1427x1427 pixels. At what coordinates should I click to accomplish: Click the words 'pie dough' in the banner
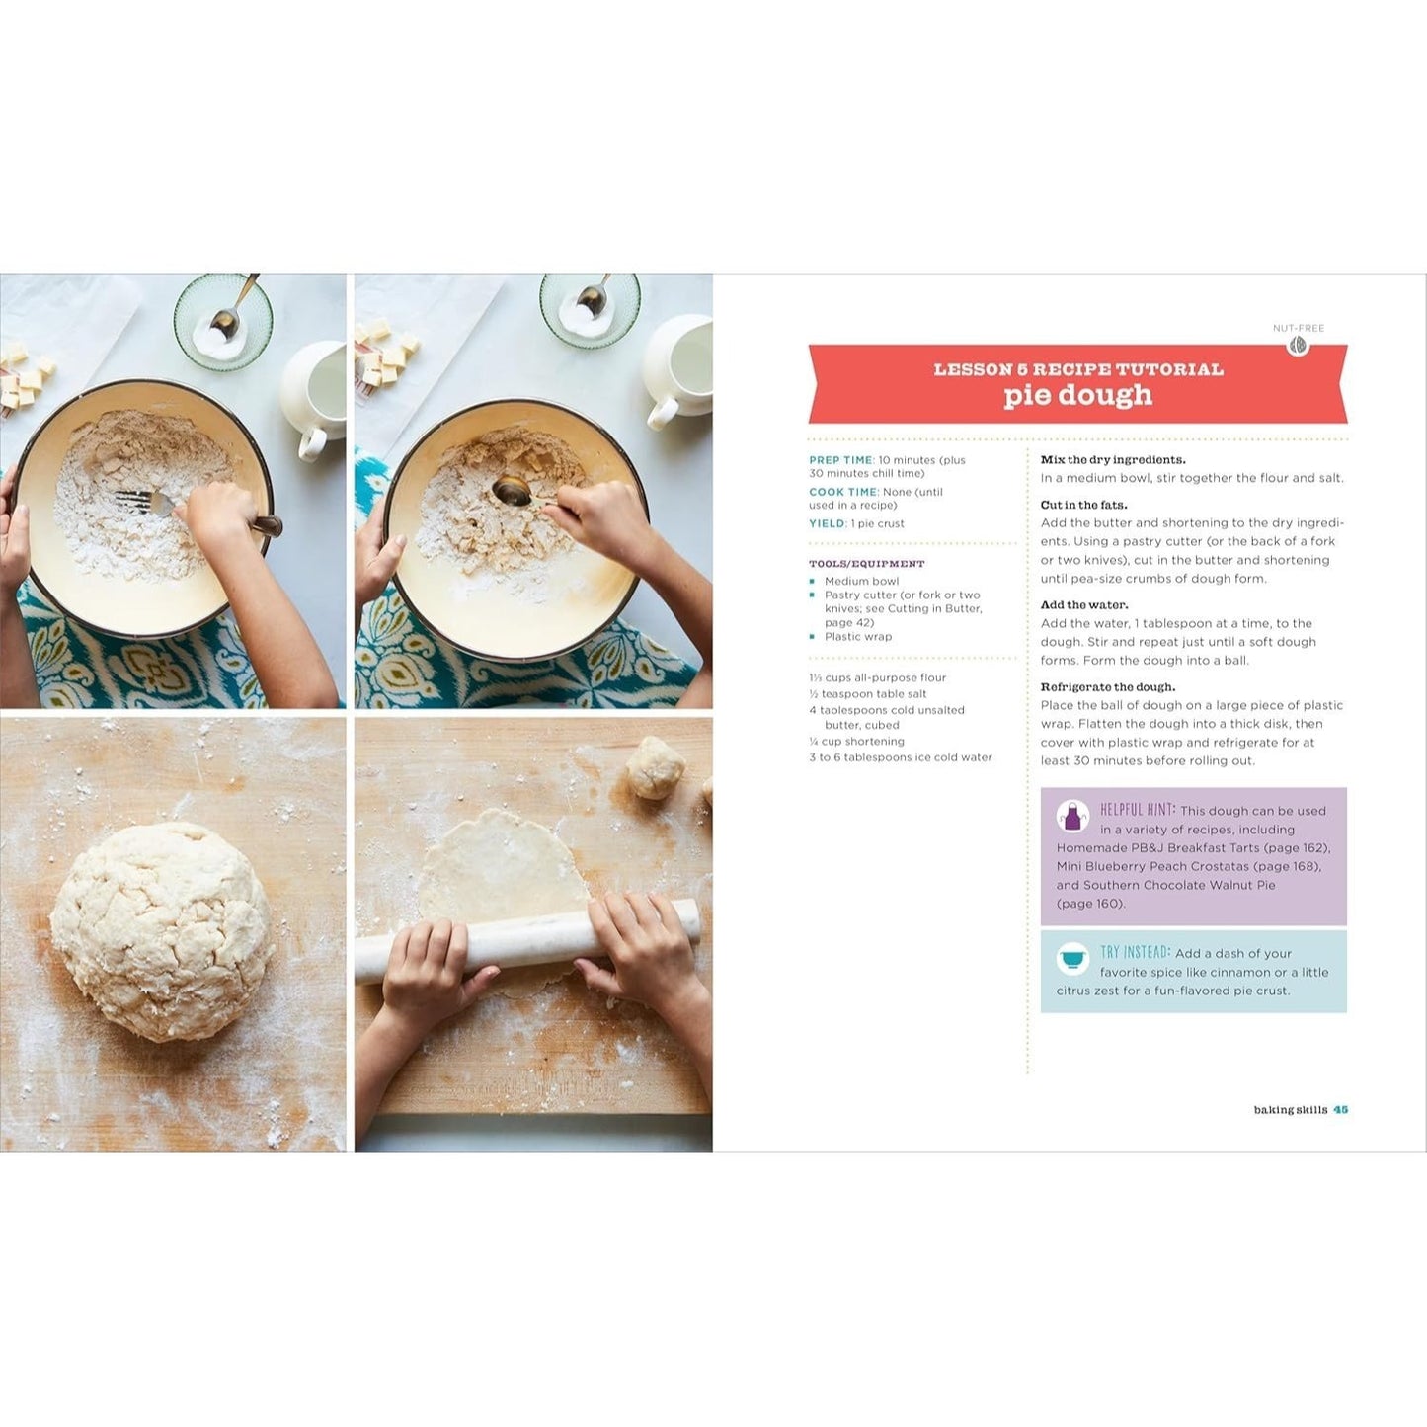[x=1078, y=395]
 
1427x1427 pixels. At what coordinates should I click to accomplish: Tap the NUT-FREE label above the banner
[x=1299, y=328]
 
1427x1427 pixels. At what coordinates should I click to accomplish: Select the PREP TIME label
[x=842, y=460]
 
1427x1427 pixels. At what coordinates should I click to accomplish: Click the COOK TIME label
[x=843, y=492]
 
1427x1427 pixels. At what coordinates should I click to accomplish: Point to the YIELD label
[x=828, y=523]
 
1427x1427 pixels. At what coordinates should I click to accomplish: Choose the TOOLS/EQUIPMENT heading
[x=867, y=564]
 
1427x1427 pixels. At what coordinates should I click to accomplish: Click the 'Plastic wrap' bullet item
[x=858, y=636]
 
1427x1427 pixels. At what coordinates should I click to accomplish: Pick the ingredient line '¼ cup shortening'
[x=857, y=742]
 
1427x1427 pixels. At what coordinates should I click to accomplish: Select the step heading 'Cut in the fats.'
[x=1083, y=505]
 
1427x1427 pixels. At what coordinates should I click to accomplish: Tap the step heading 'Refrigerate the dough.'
[x=1108, y=687]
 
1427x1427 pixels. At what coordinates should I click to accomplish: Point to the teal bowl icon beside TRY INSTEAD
[x=1072, y=959]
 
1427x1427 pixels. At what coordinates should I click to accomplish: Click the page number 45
[x=1340, y=1110]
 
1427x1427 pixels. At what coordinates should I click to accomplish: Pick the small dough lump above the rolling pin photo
[x=656, y=768]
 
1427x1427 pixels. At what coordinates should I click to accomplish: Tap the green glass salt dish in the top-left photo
[x=223, y=322]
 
